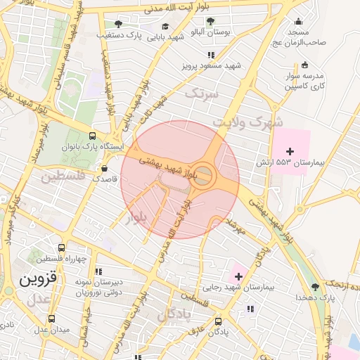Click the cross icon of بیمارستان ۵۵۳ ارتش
click(x=290, y=151)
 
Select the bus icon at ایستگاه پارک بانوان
click(x=93, y=136)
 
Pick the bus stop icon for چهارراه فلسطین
click(x=61, y=248)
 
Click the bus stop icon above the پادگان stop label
click(x=219, y=319)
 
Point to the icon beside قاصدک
click(x=105, y=169)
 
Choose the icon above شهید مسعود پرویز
click(x=210, y=54)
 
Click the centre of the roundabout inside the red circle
click(x=202, y=176)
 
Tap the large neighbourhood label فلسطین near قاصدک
click(x=63, y=176)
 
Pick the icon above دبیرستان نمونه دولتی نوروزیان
click(x=98, y=271)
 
